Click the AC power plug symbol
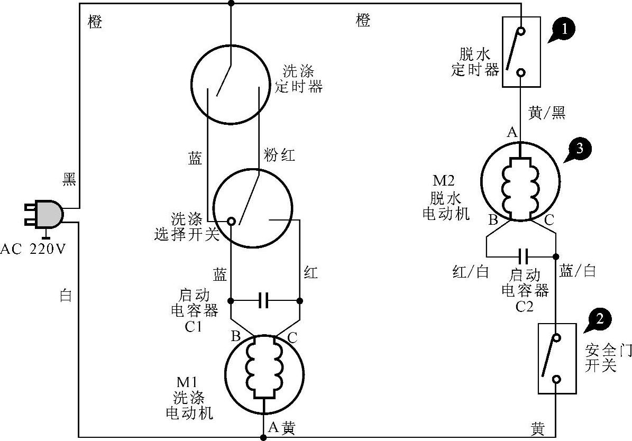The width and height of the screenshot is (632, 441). click(x=45, y=214)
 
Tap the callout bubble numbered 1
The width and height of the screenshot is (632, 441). click(x=565, y=30)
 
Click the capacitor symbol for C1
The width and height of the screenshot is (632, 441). click(x=264, y=301)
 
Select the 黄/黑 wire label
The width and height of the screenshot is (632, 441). click(x=546, y=113)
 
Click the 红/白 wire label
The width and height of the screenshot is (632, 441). click(x=470, y=272)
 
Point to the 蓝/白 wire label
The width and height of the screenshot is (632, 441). click(x=578, y=271)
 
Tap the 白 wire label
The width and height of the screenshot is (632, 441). click(x=66, y=296)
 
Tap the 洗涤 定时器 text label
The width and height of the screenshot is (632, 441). click(x=299, y=78)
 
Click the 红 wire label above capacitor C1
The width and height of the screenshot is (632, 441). click(x=311, y=273)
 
